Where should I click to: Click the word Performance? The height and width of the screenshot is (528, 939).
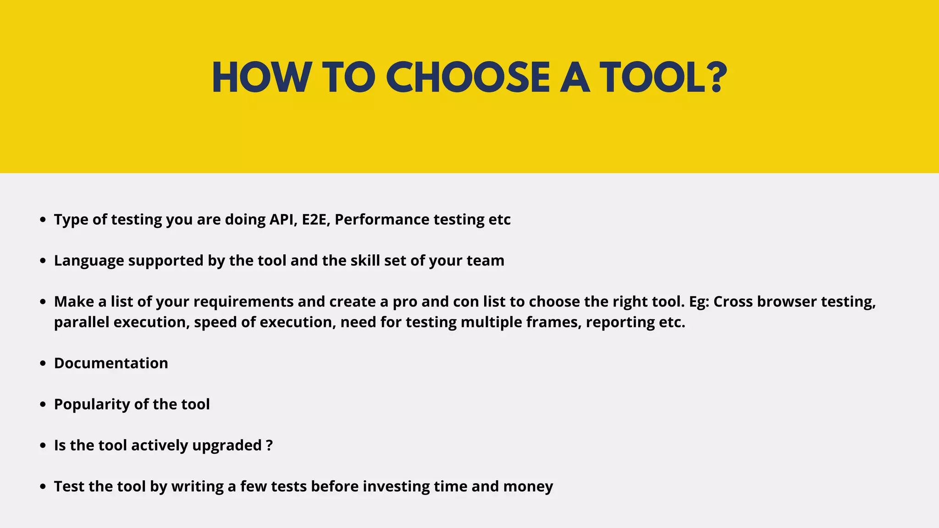coord(382,220)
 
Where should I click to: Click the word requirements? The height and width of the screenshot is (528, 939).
coord(243,302)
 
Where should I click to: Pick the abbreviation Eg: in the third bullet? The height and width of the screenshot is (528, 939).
coord(699,302)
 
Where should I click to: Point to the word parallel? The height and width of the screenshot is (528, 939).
coord(82,323)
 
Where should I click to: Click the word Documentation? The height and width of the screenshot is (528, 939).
coord(111,363)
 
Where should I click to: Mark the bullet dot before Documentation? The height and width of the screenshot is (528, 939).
coord(43,363)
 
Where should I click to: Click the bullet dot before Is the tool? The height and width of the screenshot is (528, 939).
coord(43,445)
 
